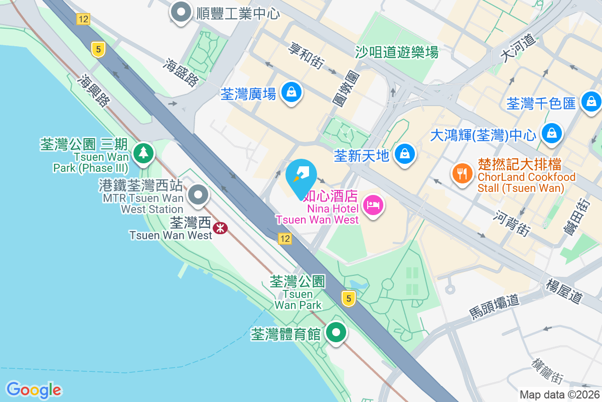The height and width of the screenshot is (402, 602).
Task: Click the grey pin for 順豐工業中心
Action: coord(181,12)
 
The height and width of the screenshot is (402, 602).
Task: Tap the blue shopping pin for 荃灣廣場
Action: coord(291,92)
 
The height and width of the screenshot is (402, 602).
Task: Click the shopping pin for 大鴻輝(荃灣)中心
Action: coord(551,134)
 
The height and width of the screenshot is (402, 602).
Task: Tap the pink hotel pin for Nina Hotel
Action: coord(373,205)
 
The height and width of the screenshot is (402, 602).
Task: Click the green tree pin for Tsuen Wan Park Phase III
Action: coord(144,152)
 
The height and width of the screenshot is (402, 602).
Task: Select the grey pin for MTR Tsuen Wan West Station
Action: coord(198,195)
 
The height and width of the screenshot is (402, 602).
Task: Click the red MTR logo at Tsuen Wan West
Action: coord(220,228)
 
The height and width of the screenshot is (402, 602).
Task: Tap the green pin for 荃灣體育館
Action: coord(336,333)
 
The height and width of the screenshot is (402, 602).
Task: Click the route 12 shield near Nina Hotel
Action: coord(285,239)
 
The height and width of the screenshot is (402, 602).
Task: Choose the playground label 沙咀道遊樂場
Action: coord(396,52)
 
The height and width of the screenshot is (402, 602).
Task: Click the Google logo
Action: coord(34,390)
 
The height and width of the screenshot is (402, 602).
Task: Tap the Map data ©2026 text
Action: coord(559,394)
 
